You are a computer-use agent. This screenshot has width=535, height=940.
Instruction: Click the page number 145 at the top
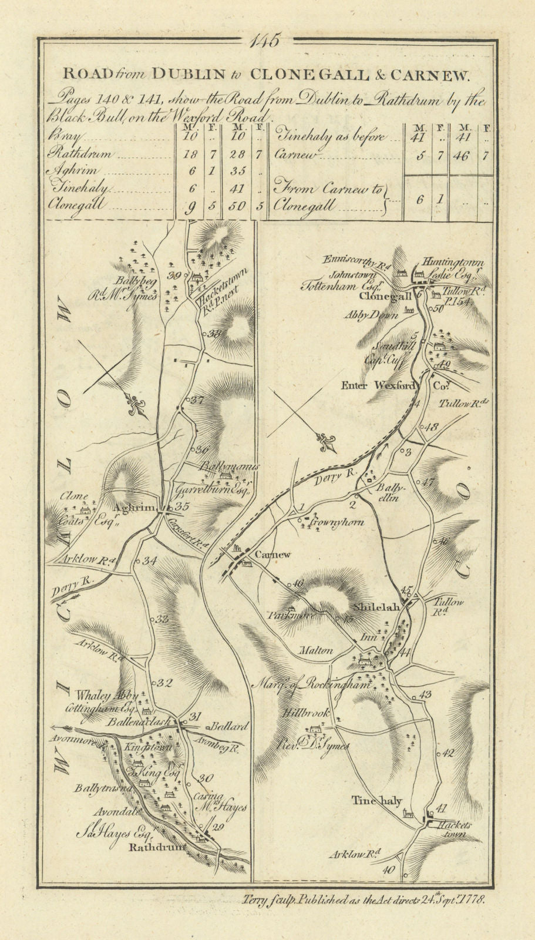tap(265, 42)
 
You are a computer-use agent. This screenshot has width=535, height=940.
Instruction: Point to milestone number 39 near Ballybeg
tap(173, 276)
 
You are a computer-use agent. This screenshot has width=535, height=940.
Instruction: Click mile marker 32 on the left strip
tap(164, 683)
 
